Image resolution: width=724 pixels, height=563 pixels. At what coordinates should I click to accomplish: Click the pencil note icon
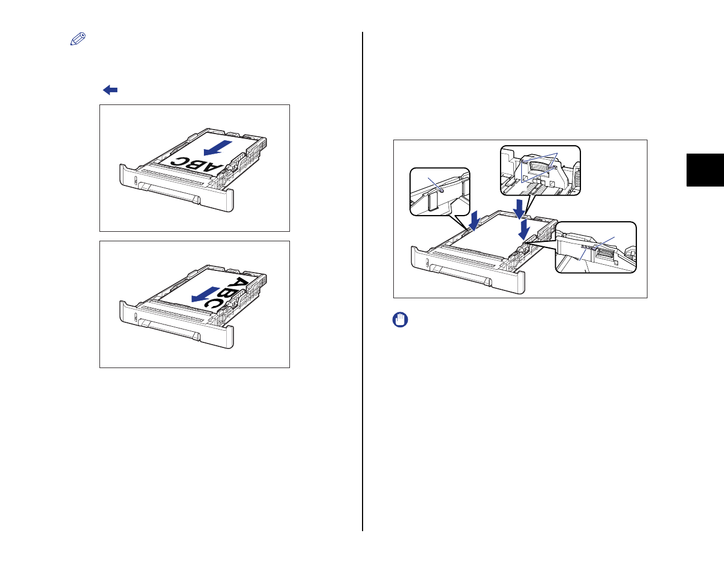point(78,39)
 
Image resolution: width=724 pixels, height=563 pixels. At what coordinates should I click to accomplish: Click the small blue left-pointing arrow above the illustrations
point(110,90)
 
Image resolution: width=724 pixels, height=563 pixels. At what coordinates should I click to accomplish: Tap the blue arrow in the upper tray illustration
point(217,148)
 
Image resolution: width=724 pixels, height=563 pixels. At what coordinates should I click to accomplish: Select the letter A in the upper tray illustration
point(213,168)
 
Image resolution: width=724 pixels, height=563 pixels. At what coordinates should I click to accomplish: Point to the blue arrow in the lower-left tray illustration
point(206,294)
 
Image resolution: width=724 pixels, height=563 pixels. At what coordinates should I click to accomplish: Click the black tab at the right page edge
point(705,170)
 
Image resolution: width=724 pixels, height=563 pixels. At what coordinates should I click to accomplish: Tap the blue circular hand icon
point(400,319)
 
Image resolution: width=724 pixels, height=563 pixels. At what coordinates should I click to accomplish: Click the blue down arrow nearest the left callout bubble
point(474,221)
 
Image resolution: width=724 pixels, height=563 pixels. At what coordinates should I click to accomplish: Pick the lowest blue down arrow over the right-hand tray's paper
point(524,230)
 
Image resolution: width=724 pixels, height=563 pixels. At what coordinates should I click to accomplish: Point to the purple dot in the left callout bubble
point(441,191)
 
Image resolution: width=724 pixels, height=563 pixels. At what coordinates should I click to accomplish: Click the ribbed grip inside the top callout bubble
point(539,166)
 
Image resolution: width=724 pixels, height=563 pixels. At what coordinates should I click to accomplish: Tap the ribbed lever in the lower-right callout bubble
point(604,255)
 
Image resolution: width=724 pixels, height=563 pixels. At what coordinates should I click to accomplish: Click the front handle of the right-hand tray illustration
point(461,275)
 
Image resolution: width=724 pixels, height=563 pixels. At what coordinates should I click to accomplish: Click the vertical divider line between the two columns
point(363,281)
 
